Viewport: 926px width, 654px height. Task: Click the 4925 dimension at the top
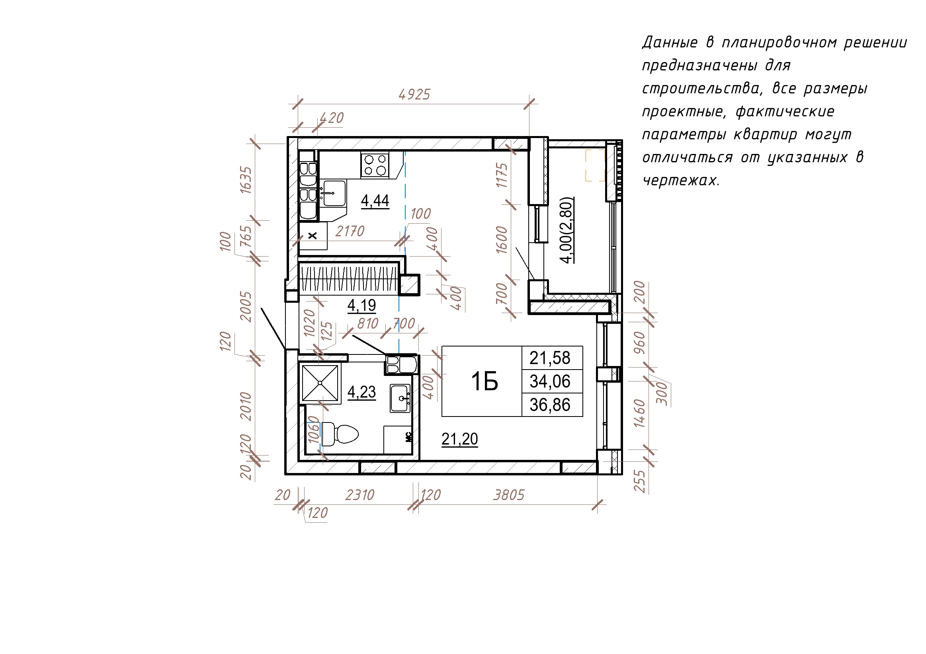414,94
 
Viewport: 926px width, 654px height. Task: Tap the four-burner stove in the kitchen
375,165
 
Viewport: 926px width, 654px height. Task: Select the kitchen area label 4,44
375,200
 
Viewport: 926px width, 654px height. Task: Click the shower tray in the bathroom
320,383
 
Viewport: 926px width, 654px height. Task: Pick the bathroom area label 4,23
362,392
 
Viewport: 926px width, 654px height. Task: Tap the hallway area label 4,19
362,306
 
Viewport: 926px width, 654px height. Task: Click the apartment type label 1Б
484,381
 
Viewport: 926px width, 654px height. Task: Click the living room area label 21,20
460,439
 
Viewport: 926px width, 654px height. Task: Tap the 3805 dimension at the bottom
509,495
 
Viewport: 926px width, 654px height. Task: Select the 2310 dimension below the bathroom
360,495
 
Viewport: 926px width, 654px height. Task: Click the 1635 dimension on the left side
246,180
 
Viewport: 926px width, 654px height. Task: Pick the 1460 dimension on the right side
640,413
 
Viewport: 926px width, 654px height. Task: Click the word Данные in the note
670,42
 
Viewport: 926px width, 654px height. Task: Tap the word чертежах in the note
681,180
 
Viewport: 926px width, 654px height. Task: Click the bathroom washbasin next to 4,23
400,398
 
